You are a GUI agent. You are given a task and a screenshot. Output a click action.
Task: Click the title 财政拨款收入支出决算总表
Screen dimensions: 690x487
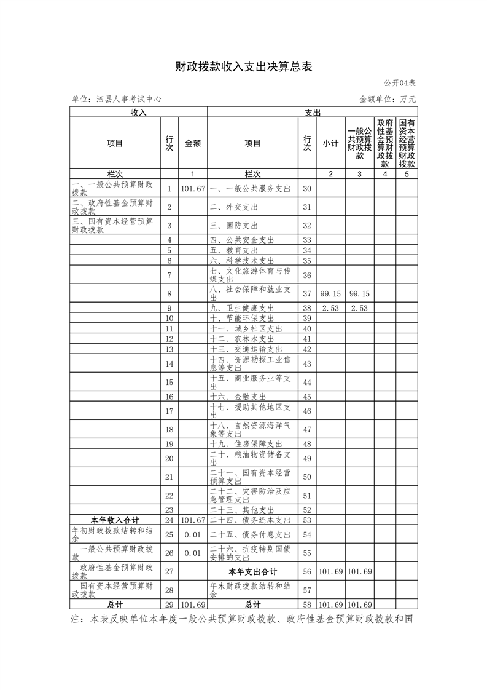pos(243,66)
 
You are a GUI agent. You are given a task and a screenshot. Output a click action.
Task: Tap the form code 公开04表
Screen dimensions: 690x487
pos(400,82)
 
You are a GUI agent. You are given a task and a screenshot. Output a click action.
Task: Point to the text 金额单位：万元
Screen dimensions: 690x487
pos(388,98)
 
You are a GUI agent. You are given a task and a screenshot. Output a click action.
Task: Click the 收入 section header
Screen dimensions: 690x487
pos(138,112)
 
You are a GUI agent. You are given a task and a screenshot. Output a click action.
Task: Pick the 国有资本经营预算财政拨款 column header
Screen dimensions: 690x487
pos(407,143)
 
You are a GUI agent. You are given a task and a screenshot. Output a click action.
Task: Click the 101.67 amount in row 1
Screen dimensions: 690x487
pos(193,188)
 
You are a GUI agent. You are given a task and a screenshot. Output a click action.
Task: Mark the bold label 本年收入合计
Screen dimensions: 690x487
pos(115,520)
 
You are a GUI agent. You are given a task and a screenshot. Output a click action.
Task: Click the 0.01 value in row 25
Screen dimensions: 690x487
pos(193,534)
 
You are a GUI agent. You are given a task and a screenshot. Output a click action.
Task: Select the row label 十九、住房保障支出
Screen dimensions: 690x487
pos(246,444)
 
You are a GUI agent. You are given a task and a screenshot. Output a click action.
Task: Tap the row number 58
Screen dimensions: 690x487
pos(308,605)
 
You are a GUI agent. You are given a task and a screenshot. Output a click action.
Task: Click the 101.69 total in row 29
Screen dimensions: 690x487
pos(193,605)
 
